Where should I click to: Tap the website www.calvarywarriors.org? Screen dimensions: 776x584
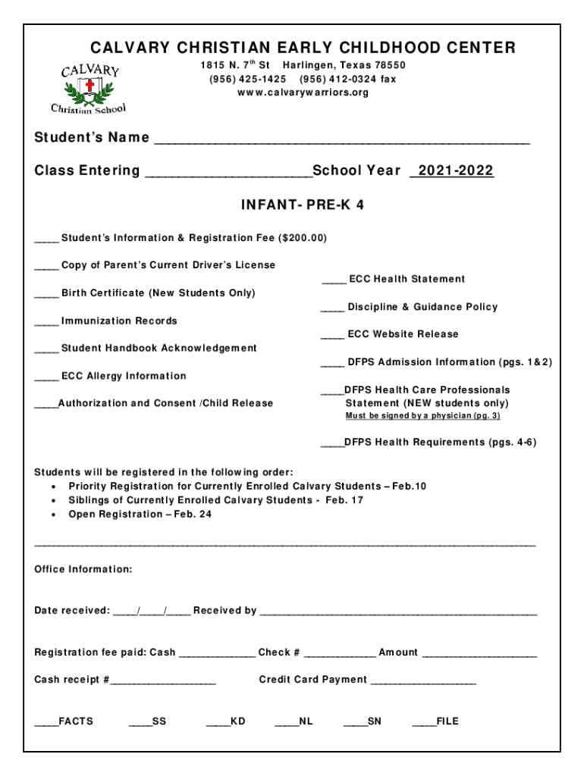[x=303, y=92]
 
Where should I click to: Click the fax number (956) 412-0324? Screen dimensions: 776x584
[x=347, y=79]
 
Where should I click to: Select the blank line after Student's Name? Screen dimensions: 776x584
[x=341, y=139]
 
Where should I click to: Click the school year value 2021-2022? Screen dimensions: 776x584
[x=452, y=171]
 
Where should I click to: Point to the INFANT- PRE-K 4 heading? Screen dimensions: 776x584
[x=302, y=205]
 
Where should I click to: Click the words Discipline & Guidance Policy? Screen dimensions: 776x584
[x=422, y=307]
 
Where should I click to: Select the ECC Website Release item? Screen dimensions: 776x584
[x=403, y=334]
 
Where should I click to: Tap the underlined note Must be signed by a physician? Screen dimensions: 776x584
[x=422, y=416]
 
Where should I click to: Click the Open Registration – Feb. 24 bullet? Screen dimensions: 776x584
[x=140, y=514]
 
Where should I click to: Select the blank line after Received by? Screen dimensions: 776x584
[x=398, y=612]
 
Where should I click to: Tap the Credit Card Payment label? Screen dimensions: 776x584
[x=312, y=680]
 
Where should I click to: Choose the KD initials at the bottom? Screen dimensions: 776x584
[x=237, y=721]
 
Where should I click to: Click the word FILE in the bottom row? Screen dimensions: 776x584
[x=447, y=721]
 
